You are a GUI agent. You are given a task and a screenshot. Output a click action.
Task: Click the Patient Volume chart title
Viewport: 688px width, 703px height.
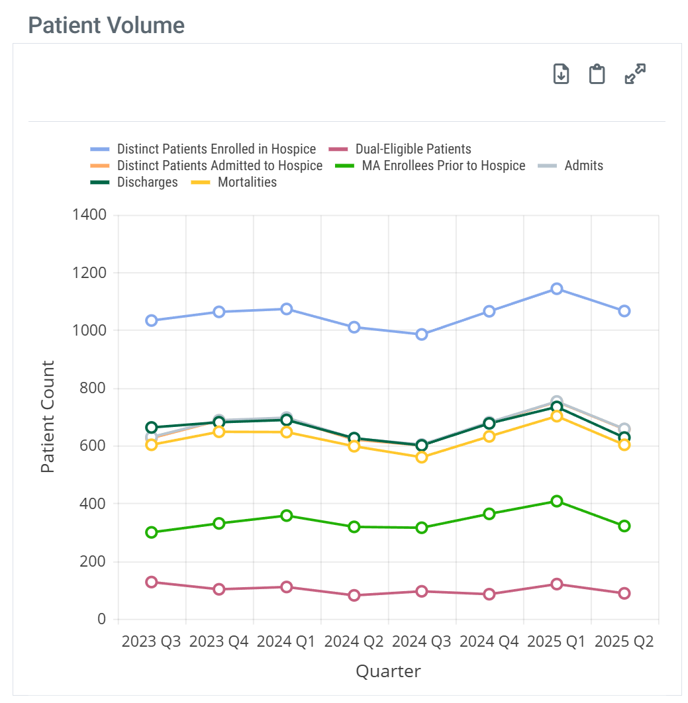coord(107,25)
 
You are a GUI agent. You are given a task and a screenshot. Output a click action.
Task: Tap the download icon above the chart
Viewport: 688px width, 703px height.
coord(561,73)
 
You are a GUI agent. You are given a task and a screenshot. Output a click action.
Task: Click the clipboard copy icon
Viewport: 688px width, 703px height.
coord(597,73)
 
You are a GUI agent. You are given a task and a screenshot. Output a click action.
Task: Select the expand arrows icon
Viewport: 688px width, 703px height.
coord(635,73)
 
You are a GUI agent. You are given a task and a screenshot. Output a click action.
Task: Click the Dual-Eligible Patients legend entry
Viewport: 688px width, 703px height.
coord(413,149)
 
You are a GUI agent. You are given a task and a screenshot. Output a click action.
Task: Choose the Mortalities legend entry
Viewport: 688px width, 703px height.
coord(247,182)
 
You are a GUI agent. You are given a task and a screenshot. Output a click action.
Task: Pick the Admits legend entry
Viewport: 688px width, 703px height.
coord(583,165)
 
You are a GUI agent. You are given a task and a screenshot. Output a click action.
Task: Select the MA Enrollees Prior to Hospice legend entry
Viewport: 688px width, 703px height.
coord(443,165)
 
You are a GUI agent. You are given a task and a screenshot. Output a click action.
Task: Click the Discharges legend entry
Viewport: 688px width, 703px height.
coord(147,182)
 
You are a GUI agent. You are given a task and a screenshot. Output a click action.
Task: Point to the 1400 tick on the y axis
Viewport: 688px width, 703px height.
coord(92,215)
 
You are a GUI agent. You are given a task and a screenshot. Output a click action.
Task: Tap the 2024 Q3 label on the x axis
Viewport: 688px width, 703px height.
coord(421,642)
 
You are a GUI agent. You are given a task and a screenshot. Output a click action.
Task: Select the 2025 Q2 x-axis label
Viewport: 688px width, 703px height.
coord(624,642)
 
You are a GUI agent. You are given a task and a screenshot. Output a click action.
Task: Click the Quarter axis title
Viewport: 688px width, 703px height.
coord(388,671)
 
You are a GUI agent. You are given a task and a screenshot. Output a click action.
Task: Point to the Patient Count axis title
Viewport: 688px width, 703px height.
coord(47,416)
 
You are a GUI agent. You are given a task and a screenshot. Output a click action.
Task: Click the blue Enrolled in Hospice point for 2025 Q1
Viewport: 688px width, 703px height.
coord(556,289)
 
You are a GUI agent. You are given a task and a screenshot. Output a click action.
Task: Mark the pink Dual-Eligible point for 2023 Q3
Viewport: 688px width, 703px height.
coord(152,582)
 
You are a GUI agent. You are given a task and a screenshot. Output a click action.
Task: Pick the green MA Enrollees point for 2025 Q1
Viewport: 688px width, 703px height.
coord(556,501)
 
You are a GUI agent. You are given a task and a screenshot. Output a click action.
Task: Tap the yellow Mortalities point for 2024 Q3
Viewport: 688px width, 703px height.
coord(421,457)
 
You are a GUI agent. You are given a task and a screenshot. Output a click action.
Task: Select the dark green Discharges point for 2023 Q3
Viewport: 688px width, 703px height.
coord(152,428)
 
